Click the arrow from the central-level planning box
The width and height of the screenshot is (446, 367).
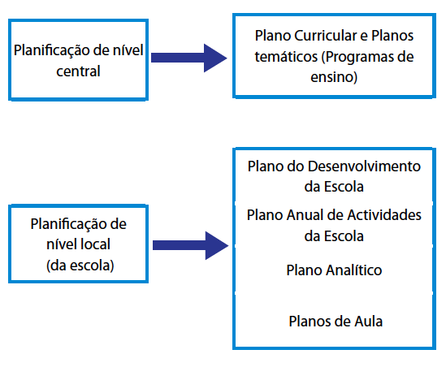[x=188, y=58]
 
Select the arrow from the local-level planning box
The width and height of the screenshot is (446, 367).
[x=191, y=245]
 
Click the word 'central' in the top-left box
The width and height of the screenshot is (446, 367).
[x=78, y=71]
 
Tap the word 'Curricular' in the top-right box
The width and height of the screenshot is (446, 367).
[x=326, y=36]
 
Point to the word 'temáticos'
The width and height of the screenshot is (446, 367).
[x=286, y=57]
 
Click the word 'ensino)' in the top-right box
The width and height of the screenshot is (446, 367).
[x=334, y=77]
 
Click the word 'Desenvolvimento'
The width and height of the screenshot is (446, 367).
[x=364, y=166]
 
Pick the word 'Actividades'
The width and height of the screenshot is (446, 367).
[x=384, y=215]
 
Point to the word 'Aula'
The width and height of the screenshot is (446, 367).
[x=368, y=322]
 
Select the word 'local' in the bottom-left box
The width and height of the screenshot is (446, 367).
[x=95, y=244]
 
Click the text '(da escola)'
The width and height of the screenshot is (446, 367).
[x=80, y=266]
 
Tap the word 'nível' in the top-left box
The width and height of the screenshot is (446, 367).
[x=128, y=50]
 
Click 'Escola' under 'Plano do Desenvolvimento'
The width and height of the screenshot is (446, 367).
[x=344, y=187]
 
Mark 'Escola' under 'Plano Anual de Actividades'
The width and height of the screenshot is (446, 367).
[x=344, y=236]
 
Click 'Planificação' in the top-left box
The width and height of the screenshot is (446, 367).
[x=52, y=51]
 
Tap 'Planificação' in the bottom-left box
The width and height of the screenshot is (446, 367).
[x=68, y=224]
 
